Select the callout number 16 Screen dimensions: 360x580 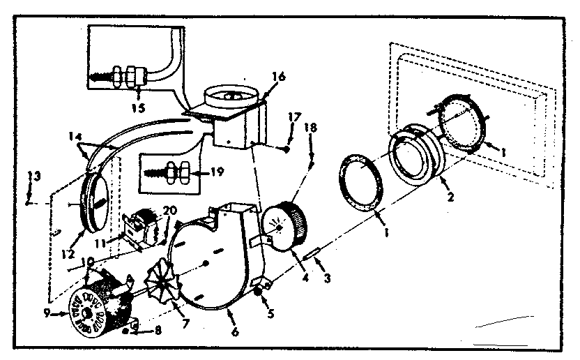tap(279, 77)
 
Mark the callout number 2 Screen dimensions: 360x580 tap(451, 197)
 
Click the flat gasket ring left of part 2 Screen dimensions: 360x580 tap(361, 184)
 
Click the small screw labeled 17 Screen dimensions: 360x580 tap(286, 148)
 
